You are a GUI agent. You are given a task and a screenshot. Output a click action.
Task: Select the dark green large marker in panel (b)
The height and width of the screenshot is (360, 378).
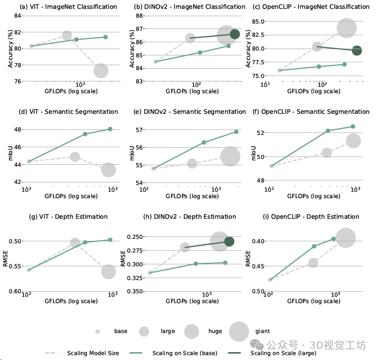coord(234,34)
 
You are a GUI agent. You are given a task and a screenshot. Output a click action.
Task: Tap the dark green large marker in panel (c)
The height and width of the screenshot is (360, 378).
coord(356,50)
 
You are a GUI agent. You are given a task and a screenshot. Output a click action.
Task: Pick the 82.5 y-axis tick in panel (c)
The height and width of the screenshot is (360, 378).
coord(257,35)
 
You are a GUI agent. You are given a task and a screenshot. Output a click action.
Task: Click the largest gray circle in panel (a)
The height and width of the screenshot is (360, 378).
coord(101,71)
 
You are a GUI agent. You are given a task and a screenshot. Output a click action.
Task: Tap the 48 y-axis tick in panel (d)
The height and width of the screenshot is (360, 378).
coord(17,129)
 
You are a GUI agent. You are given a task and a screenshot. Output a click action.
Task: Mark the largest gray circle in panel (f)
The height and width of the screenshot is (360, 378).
coord(353,141)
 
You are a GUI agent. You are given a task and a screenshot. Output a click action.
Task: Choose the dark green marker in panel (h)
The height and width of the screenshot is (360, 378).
coord(229,241)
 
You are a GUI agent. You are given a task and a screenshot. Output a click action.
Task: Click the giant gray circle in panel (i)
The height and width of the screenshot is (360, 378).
coord(346,238)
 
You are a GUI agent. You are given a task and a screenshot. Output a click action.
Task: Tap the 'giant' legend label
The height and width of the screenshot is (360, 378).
coord(262,332)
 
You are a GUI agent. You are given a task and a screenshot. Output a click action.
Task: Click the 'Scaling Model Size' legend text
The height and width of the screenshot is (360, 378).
coord(93,353)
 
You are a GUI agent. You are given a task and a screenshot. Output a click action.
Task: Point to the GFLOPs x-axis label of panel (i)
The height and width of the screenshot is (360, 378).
coord(314,301)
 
